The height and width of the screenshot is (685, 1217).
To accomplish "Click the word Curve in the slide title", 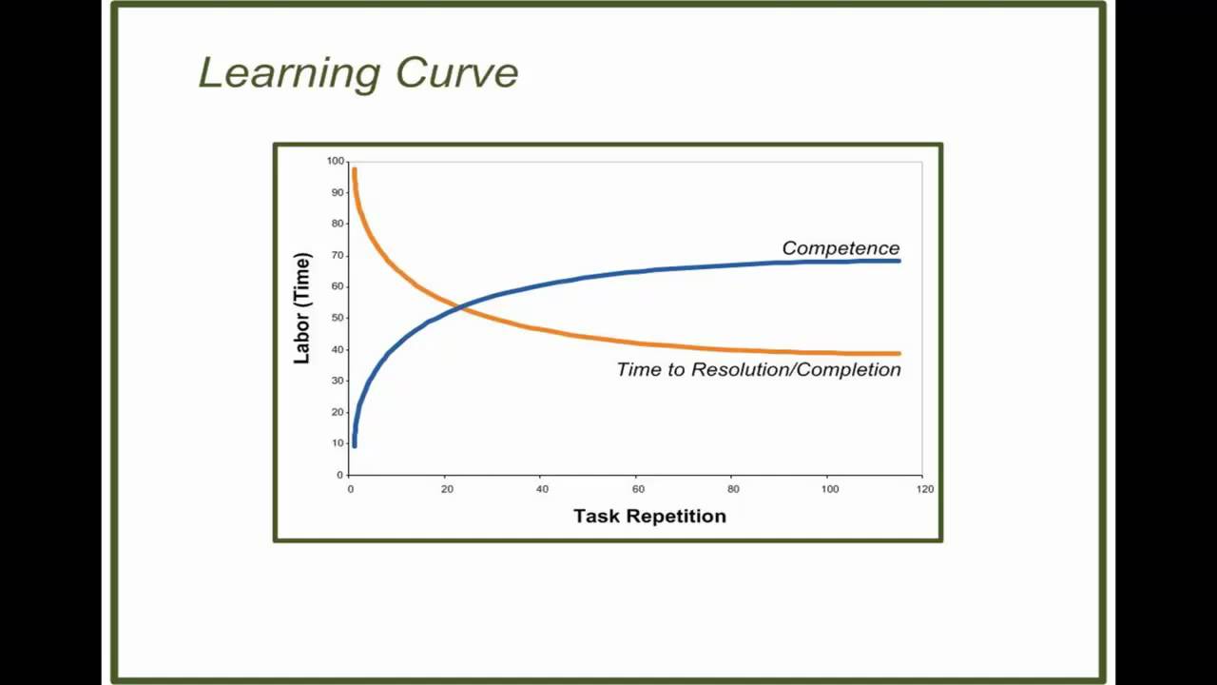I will pos(456,73).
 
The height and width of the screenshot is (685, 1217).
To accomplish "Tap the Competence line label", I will pos(840,248).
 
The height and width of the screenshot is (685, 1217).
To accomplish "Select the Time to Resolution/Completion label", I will pos(758,369).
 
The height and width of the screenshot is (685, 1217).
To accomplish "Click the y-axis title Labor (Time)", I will pos(302,307).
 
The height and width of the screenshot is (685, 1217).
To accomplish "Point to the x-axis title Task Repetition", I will pos(649,516).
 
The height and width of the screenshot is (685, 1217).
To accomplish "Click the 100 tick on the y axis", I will pos(335,161).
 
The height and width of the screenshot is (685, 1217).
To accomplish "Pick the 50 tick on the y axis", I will pos(337,318).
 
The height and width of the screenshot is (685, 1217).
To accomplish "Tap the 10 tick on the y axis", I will pos(337,443).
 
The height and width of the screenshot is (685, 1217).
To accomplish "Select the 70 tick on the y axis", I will pos(337,255).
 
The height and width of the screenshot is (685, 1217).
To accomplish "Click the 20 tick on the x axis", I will pos(447,489).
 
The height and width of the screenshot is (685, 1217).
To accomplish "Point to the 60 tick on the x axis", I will pos(638,489).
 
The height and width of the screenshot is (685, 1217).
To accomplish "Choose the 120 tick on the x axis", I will pos(925,489).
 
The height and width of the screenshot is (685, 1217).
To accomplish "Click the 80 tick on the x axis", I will pos(733,489).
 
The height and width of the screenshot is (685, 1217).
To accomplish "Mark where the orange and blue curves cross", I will pos(460,306).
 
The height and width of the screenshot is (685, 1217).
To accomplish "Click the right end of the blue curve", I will pos(898,261).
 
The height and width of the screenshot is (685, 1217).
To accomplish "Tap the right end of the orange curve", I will pos(898,354).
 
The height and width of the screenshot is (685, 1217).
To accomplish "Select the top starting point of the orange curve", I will pos(354,170).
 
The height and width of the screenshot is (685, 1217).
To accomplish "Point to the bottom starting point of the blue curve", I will pos(355,444).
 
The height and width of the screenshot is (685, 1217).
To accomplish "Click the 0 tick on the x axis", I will pos(351,489).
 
